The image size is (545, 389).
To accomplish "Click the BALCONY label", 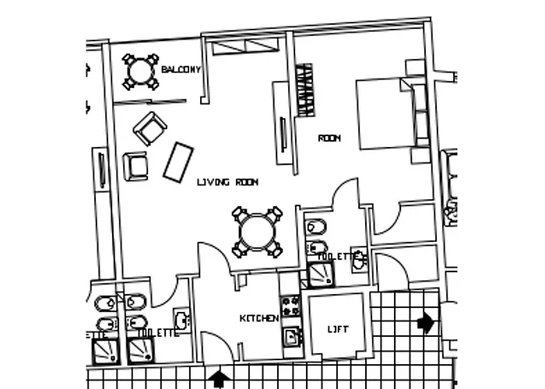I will tap(181, 70).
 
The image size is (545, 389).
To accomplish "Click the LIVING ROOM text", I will tap(227, 182).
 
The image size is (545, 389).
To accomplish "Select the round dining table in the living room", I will tap(257, 231).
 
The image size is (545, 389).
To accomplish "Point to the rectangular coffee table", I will tap(178, 162).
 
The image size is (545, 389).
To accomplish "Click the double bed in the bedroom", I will tap(385, 114).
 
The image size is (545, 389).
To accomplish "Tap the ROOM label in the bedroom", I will tap(329, 138).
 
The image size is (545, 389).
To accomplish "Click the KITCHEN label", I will tap(258, 319).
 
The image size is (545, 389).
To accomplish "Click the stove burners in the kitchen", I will tap(290, 306).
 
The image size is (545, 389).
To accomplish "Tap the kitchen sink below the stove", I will tap(291, 337).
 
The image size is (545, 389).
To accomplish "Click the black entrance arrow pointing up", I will tap(220, 379).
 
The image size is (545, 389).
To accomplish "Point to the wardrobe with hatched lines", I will tap(305, 89).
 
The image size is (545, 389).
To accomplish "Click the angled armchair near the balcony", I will tap(149, 128).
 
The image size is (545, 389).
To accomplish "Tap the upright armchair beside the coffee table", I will tap(135, 166).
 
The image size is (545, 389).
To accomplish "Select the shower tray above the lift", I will tap(320, 272).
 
